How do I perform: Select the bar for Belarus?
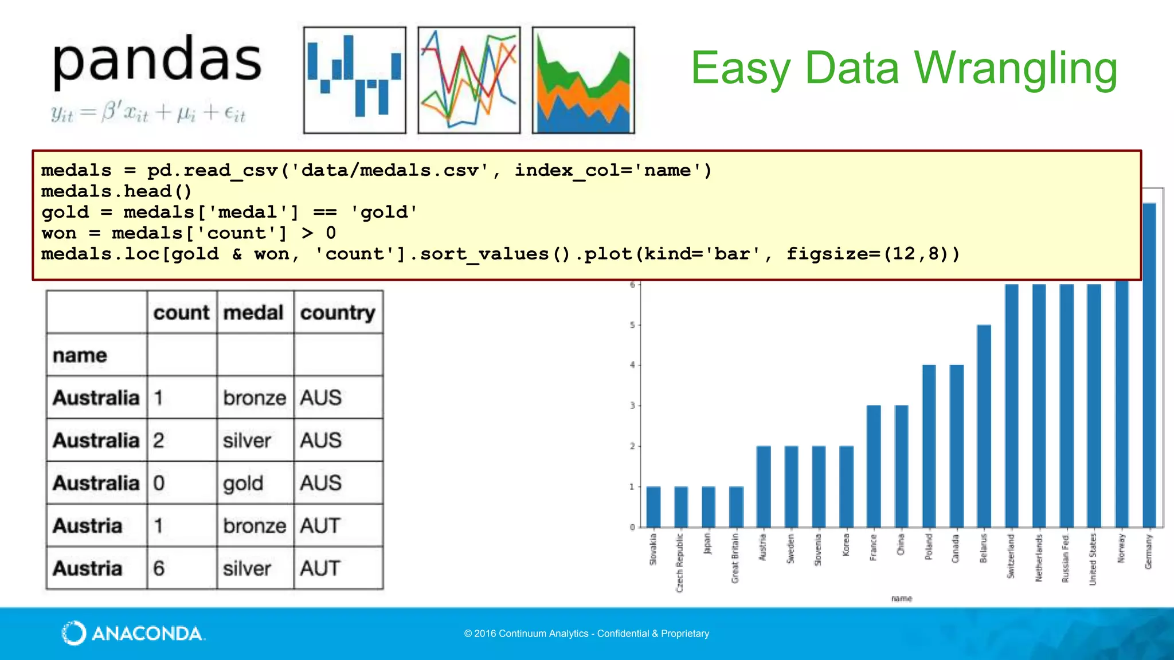[x=984, y=427]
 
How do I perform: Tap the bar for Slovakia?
[x=653, y=507]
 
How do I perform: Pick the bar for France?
[x=874, y=467]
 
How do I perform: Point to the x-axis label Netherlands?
[x=1039, y=557]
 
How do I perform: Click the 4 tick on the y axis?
[x=632, y=365]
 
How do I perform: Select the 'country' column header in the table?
[x=338, y=313]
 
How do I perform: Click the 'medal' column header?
[x=253, y=313]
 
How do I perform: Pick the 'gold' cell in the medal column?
[x=243, y=484]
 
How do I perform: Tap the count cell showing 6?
[x=159, y=568]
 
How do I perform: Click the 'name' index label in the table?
[x=80, y=356]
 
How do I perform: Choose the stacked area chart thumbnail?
[x=583, y=80]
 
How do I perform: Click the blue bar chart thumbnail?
[x=354, y=80]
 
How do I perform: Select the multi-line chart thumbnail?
[x=469, y=80]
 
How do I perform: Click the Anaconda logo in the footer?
[x=133, y=633]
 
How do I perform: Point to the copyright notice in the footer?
[x=586, y=634]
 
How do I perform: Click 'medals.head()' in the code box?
[x=116, y=191]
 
